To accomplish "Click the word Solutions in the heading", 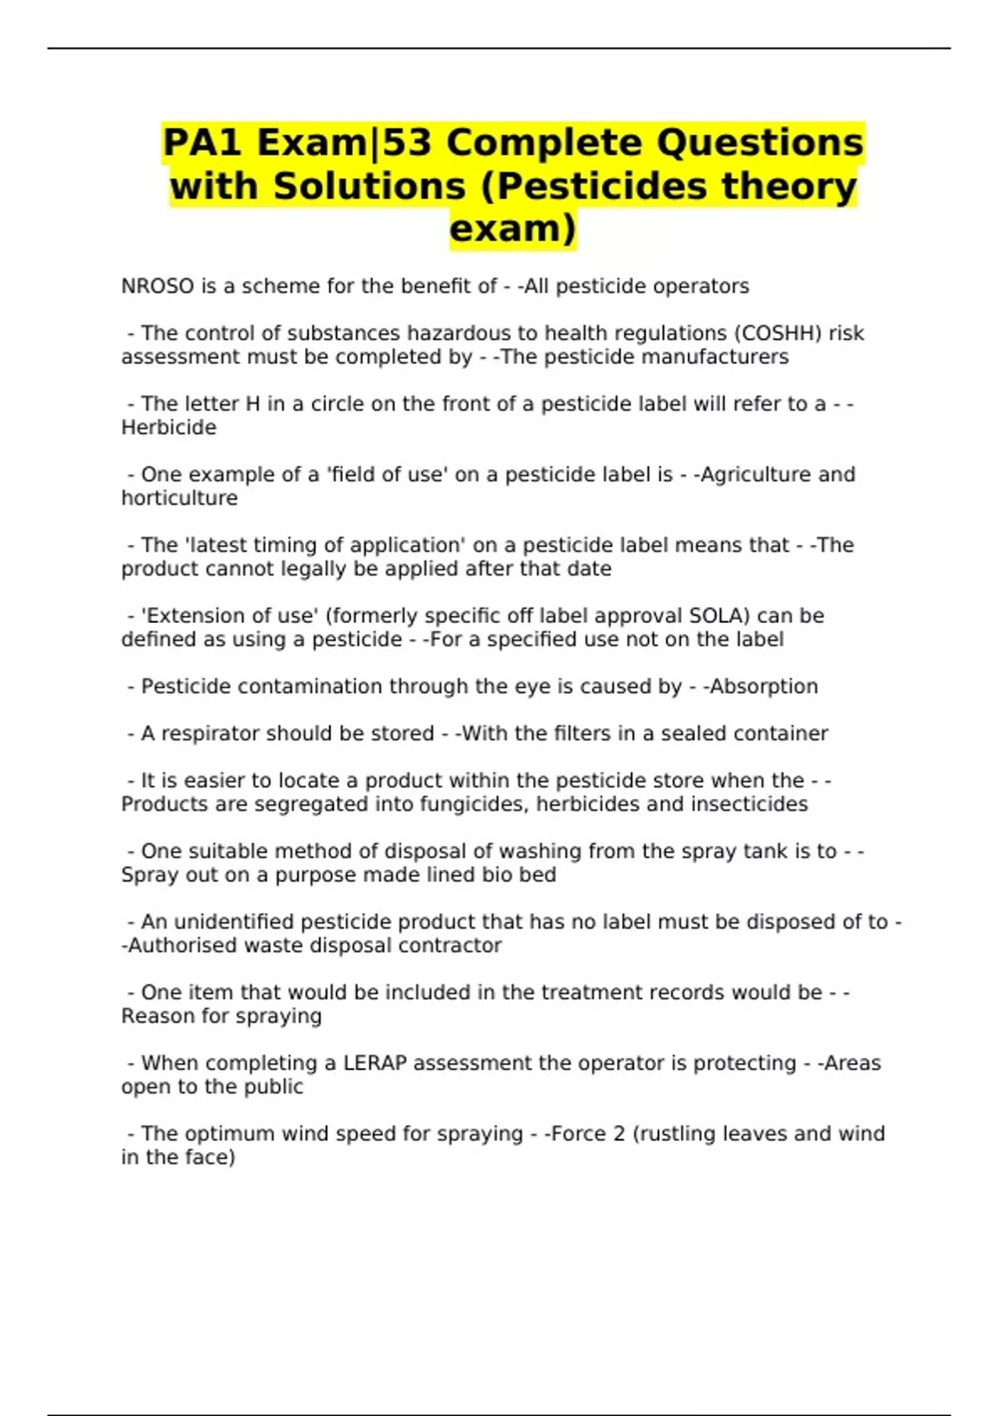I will point(370,186).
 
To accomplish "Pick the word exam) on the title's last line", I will point(513,228).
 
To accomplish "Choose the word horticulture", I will point(180,498).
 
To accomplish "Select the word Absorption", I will point(763,686).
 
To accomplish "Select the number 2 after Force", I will point(619,1134).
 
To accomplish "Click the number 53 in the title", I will point(408,142).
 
